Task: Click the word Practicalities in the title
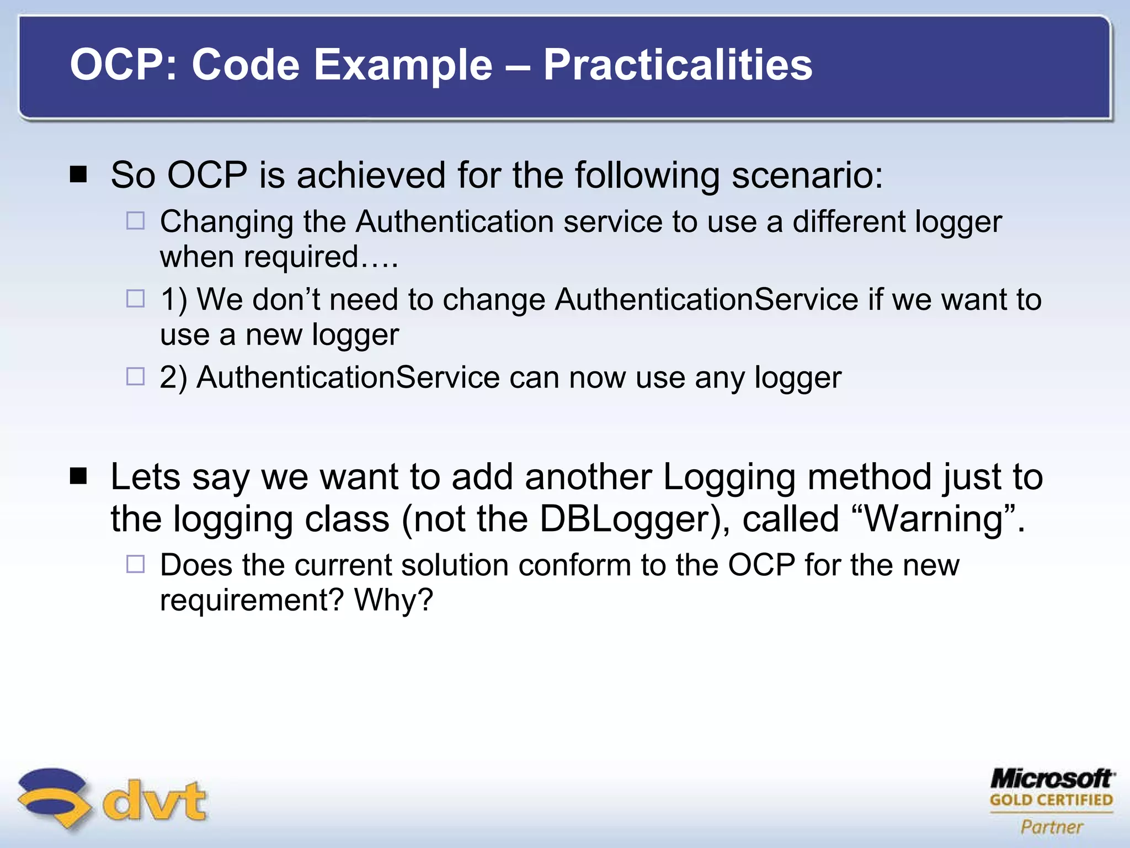tap(678, 65)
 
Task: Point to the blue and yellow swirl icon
tap(53, 797)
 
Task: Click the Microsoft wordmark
tap(1052, 779)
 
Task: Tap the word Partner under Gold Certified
tap(1052, 827)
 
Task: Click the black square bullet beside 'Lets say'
tap(79, 476)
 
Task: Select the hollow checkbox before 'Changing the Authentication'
tap(135, 221)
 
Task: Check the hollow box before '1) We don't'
tap(135, 299)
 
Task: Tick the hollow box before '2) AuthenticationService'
tap(135, 377)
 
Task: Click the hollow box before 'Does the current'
tap(135, 564)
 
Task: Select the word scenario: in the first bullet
tap(807, 176)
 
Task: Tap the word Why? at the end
tap(393, 600)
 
